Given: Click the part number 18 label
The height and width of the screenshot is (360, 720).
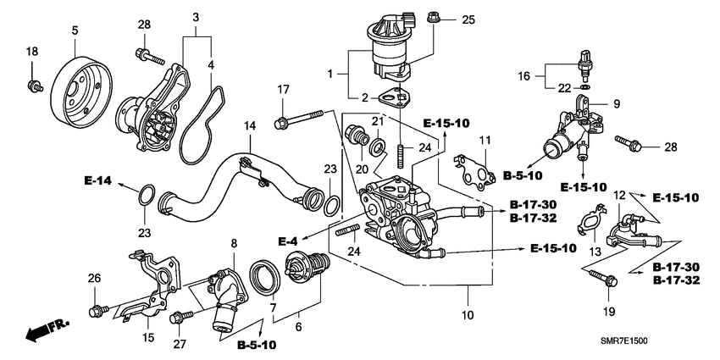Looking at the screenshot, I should pyautogui.click(x=32, y=53).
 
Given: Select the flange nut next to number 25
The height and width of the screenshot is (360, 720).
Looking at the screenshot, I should pyautogui.click(x=433, y=16).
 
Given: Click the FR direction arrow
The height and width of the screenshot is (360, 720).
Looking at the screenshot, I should pyautogui.click(x=43, y=330).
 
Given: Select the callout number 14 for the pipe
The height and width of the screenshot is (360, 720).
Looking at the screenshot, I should pyautogui.click(x=248, y=125).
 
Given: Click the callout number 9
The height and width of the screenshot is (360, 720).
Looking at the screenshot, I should pyautogui.click(x=616, y=105).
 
